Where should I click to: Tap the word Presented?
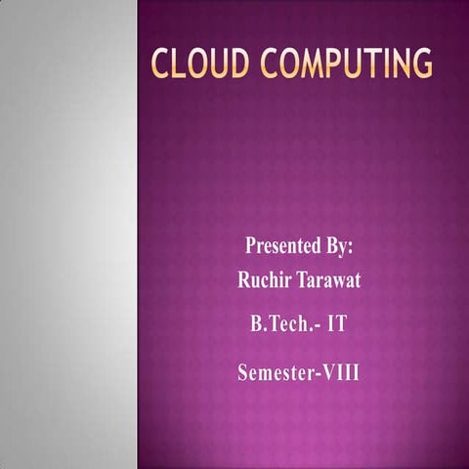click(x=282, y=244)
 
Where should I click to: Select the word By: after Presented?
click(x=337, y=244)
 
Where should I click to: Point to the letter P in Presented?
click(x=251, y=244)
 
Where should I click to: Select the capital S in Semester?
click(x=243, y=372)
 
